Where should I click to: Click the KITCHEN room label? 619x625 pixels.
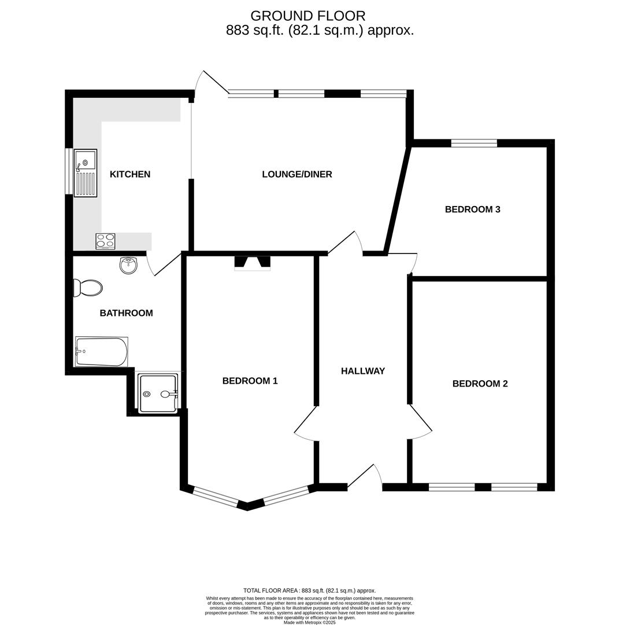[x=130, y=174]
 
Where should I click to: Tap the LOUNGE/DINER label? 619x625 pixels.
[x=297, y=174]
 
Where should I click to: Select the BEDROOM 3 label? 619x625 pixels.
[x=472, y=209]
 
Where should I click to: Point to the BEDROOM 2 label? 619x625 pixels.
[x=480, y=384]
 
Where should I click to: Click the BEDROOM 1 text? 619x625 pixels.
[x=250, y=381]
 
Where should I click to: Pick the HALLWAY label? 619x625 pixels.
[x=362, y=371]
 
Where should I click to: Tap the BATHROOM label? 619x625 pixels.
[x=126, y=313]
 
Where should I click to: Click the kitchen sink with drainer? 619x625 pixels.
[x=86, y=173]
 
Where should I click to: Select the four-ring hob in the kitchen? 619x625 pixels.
[x=105, y=241]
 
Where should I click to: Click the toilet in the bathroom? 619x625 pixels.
[x=88, y=288]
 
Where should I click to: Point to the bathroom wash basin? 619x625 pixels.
[x=128, y=265]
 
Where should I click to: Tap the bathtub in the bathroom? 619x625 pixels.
[x=101, y=352]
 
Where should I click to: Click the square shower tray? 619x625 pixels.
[x=158, y=394]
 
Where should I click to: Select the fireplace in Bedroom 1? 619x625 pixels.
[x=252, y=263]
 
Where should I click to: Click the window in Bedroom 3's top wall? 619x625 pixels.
[x=473, y=143]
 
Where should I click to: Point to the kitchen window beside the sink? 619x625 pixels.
[x=69, y=171]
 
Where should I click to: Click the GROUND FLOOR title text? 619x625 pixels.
[x=307, y=16]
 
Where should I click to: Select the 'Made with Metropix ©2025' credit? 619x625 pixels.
[x=309, y=622]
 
